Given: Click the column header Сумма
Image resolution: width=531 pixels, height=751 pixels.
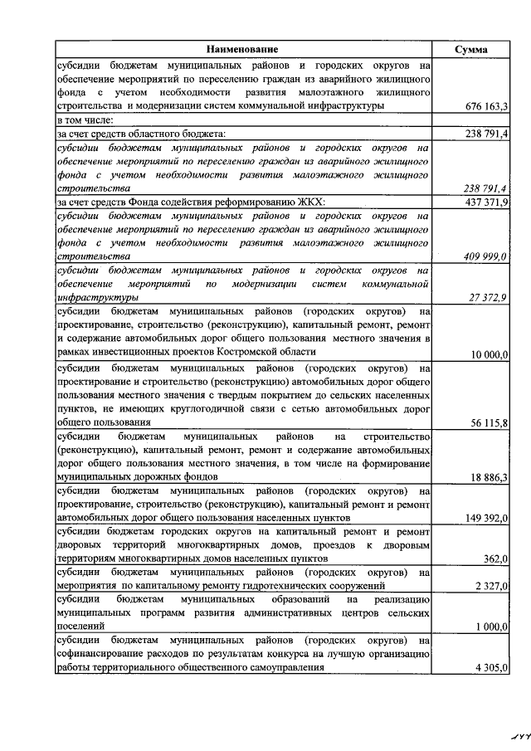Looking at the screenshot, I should click(471, 49).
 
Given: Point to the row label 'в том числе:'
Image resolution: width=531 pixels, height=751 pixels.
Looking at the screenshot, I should click(85, 119).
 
